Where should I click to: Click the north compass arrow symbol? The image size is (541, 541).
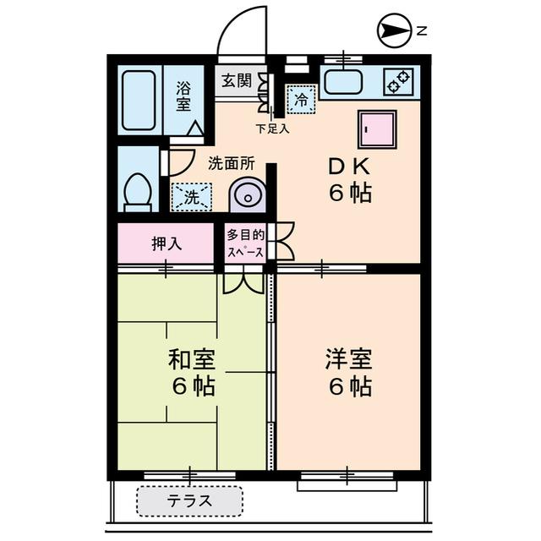click(x=392, y=31)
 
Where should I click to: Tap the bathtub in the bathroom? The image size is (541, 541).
click(x=139, y=101)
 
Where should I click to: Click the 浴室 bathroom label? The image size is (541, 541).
click(x=184, y=96)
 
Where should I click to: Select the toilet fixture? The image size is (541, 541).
click(x=136, y=190)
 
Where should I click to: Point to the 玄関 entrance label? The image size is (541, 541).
click(x=237, y=81)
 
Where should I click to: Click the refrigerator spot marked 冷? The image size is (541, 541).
click(x=300, y=100)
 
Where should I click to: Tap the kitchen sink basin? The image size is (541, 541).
click(x=342, y=83)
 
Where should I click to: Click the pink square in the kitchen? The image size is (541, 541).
click(x=376, y=129)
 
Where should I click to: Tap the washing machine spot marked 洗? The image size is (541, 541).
click(x=190, y=199)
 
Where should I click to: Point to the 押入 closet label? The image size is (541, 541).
click(x=167, y=243)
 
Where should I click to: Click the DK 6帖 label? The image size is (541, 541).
click(x=349, y=180)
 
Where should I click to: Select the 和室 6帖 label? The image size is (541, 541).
click(x=191, y=373)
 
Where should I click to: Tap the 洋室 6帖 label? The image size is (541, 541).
click(x=349, y=373)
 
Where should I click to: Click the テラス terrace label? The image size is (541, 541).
click(x=189, y=501)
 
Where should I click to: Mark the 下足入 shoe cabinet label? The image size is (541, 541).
click(x=272, y=129)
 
